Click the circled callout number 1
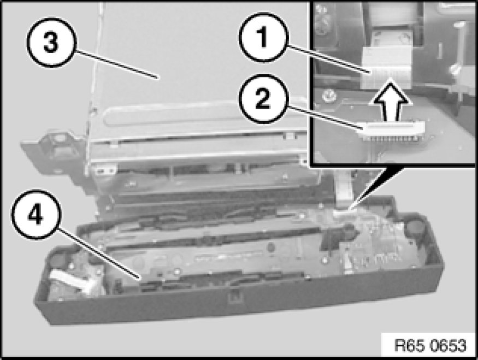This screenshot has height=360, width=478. point(263,37)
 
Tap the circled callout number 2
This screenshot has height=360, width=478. point(262,98)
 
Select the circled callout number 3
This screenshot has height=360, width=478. point(51,43)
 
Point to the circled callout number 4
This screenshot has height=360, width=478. point(36,215)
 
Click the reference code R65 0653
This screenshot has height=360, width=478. point(430,345)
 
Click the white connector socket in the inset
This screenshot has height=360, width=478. point(393,127)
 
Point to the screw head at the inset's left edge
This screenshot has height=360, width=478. point(329,96)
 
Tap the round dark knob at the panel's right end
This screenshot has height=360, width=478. point(413,227)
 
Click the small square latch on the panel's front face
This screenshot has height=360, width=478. point(235,296)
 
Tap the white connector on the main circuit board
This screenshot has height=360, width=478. point(342,213)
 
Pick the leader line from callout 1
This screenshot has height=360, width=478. point(329,60)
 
